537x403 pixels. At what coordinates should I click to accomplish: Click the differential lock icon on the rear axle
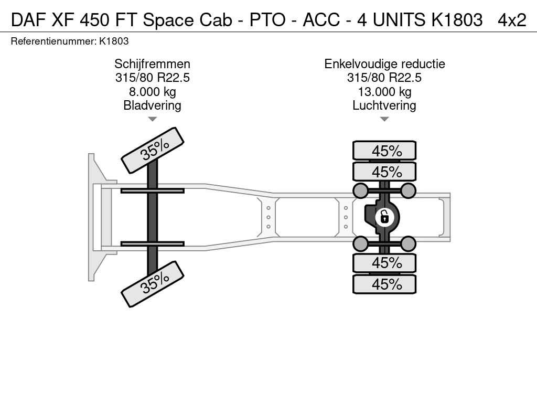pyautogui.click(x=384, y=217)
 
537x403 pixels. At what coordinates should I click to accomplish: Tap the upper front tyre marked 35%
pyautogui.click(x=153, y=150)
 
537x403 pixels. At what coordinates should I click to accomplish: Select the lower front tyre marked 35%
pyautogui.click(x=153, y=284)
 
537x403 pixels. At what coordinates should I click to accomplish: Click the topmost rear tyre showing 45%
pyautogui.click(x=384, y=151)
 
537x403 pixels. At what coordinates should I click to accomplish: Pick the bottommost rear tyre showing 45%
pyautogui.click(x=384, y=284)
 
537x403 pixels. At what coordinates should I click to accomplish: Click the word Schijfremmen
pyautogui.click(x=153, y=64)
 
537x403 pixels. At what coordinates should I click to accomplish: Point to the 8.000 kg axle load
pyautogui.click(x=153, y=92)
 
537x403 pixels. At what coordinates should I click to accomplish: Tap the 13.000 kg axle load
pyautogui.click(x=384, y=92)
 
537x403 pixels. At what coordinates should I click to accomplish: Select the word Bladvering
pyautogui.click(x=153, y=105)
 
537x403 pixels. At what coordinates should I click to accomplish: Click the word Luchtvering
pyautogui.click(x=384, y=105)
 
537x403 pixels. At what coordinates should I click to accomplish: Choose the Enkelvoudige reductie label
pyautogui.click(x=384, y=64)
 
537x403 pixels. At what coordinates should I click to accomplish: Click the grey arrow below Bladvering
pyautogui.click(x=153, y=119)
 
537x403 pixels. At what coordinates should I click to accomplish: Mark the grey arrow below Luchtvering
pyautogui.click(x=384, y=119)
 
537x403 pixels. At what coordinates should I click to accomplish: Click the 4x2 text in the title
pyautogui.click(x=512, y=20)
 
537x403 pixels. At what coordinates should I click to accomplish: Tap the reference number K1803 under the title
pyautogui.click(x=114, y=41)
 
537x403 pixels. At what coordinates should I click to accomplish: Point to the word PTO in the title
pyautogui.click(x=267, y=20)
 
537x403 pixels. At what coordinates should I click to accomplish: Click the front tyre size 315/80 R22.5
pyautogui.click(x=153, y=78)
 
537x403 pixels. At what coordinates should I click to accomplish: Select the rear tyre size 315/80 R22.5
pyautogui.click(x=384, y=78)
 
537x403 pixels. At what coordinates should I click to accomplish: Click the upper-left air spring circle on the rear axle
pyautogui.click(x=361, y=190)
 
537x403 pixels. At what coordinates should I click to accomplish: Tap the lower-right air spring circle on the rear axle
pyautogui.click(x=408, y=244)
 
